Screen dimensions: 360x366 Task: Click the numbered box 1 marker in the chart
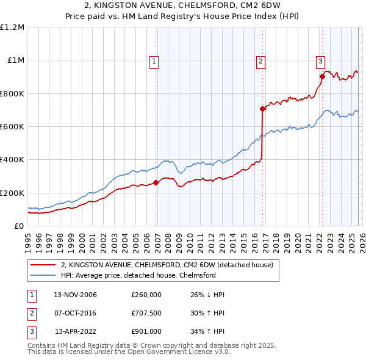pyautogui.click(x=154, y=60)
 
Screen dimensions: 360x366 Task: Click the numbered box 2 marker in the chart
pyautogui.click(x=260, y=60)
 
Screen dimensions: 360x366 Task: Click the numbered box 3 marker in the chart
pyautogui.click(x=320, y=60)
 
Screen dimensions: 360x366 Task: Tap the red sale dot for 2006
pyautogui.click(x=156, y=182)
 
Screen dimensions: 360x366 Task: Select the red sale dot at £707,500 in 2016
pyautogui.click(x=262, y=109)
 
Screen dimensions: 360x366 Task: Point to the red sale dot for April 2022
pyautogui.click(x=321, y=76)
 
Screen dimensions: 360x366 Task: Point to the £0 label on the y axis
pyautogui.click(x=18, y=226)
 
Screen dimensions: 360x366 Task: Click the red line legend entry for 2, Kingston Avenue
pyautogui.click(x=170, y=265)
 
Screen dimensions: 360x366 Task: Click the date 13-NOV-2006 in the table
pyautogui.click(x=75, y=295)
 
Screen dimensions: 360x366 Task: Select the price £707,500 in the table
pyautogui.click(x=146, y=314)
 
